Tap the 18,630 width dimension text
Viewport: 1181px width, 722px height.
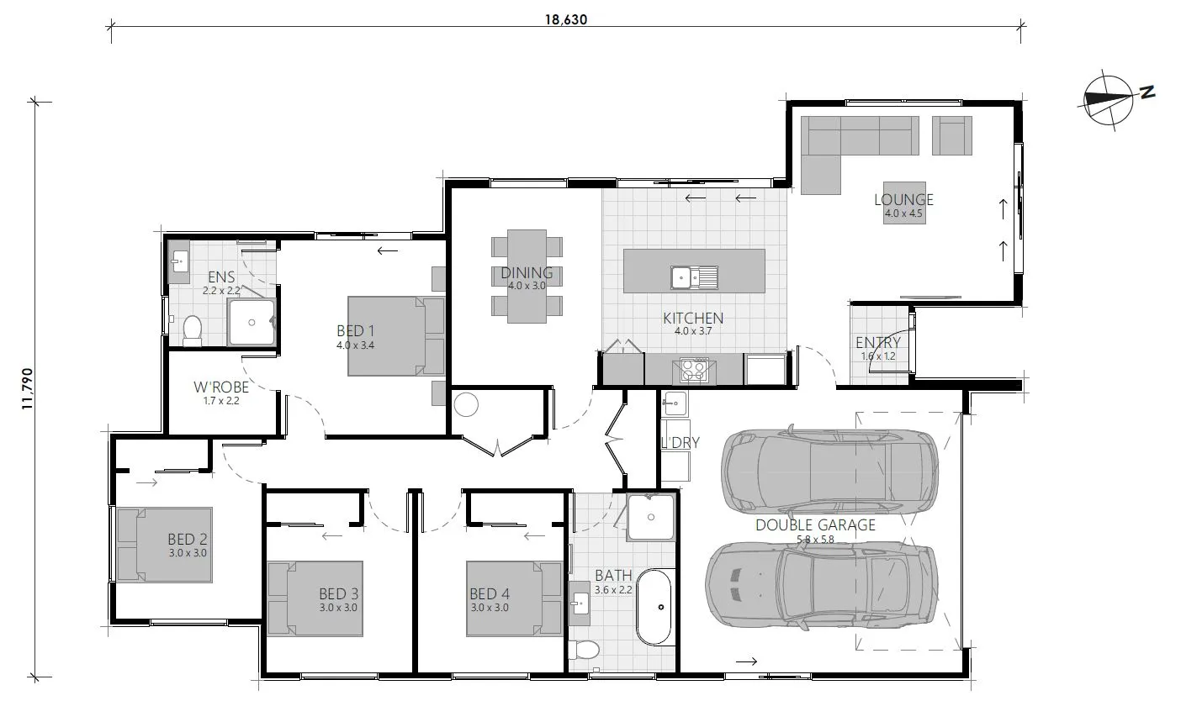564,18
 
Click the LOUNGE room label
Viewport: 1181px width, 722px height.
903,200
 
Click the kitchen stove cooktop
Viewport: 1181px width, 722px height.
694,369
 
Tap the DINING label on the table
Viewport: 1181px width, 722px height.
527,273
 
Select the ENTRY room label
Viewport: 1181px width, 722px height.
877,343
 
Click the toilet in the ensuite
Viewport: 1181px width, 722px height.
193,330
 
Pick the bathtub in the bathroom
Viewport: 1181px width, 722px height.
655,607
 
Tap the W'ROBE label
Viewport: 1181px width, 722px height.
221,388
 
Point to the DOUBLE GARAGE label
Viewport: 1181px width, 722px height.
815,525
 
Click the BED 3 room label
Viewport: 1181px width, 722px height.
339,594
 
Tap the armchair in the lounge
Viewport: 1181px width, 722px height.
951,135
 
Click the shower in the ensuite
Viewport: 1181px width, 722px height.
252,320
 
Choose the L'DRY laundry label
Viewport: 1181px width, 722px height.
680,442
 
